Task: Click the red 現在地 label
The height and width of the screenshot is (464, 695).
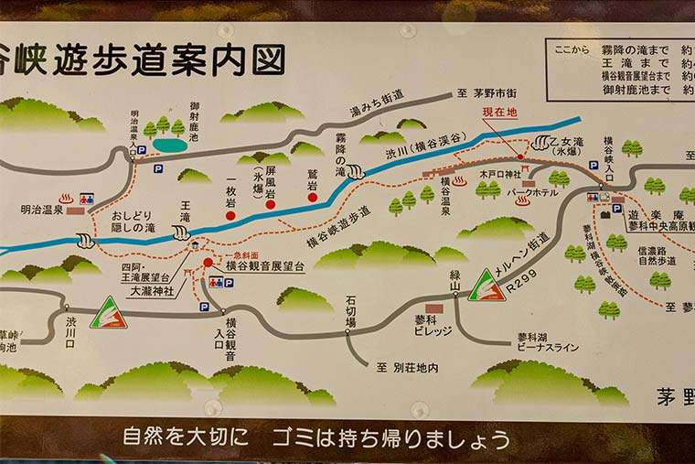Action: point(500,112)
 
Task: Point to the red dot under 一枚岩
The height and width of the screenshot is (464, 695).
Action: point(231,216)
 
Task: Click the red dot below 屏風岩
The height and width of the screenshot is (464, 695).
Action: point(271,204)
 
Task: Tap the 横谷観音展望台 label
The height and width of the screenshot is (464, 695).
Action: point(265,265)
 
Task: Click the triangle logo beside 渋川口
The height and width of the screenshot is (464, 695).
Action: point(108,314)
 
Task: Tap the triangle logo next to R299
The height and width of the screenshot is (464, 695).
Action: point(486,286)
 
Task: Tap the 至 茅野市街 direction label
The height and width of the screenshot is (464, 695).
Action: point(487,94)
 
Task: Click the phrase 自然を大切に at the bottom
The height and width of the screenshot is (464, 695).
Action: point(185,437)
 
